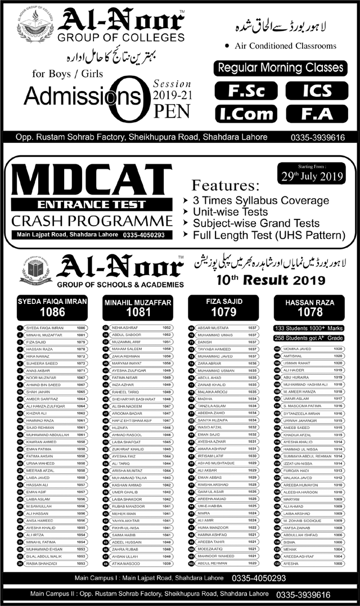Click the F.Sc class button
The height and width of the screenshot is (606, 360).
246,91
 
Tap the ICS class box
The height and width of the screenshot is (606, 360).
316,91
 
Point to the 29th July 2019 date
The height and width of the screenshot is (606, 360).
309,176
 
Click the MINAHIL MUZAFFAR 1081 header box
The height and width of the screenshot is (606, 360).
137,307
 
